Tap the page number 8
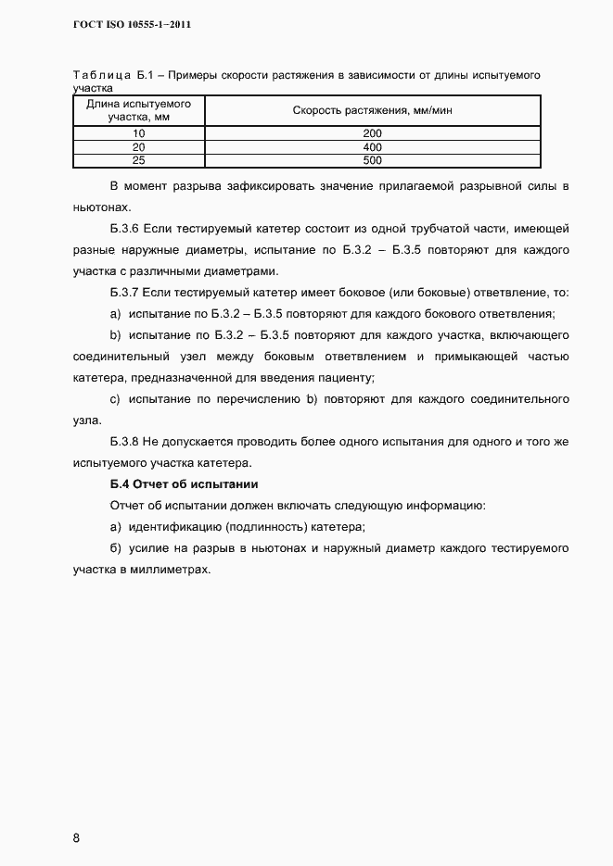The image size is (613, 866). coord(77,838)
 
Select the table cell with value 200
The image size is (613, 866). coord(373,133)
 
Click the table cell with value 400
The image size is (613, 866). coord(373,146)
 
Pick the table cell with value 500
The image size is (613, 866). coord(373,159)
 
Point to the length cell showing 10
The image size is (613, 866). coord(139,133)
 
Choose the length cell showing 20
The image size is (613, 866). coord(139,146)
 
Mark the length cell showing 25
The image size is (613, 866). coord(139,159)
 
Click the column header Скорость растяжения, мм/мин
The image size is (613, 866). coord(373,111)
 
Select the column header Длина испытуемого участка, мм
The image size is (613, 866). coord(139,111)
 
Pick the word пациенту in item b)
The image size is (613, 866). coord(345,378)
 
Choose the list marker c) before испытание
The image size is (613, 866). coord(115,399)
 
